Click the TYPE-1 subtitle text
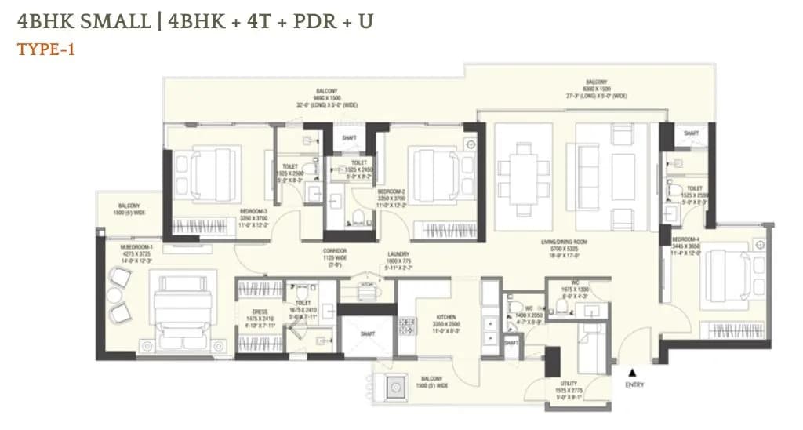pyautogui.click(x=45, y=49)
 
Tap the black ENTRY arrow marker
pyautogui.click(x=633, y=372)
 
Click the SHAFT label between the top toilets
pyautogui.click(x=349, y=139)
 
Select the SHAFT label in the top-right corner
pyautogui.click(x=691, y=133)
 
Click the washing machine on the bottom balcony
pyautogui.click(x=394, y=386)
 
